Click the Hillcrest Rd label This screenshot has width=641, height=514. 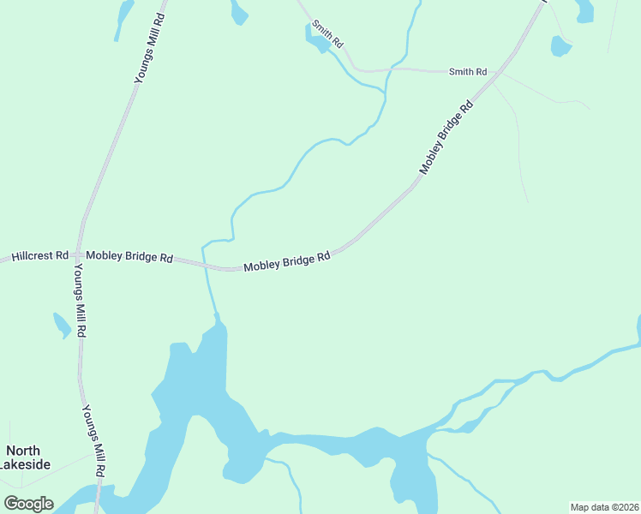(x=39, y=256)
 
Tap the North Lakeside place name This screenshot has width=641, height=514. (x=27, y=457)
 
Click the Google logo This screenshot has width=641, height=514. (x=28, y=504)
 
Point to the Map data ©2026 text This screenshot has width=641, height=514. (x=604, y=507)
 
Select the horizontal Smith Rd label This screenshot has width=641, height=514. (x=468, y=72)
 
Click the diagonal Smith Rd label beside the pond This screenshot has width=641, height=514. (x=327, y=33)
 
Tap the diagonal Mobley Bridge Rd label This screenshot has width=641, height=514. (x=446, y=139)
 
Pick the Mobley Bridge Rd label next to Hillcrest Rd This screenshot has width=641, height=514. (x=129, y=257)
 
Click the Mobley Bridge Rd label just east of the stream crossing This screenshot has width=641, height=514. (x=287, y=262)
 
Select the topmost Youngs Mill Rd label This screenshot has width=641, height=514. (x=149, y=47)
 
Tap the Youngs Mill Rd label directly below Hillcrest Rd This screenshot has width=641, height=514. (x=80, y=299)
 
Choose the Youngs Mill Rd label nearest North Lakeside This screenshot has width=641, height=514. (x=93, y=441)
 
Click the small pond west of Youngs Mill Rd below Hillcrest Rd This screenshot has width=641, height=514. (x=62, y=325)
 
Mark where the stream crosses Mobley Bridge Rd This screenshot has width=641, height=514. (x=207, y=266)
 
